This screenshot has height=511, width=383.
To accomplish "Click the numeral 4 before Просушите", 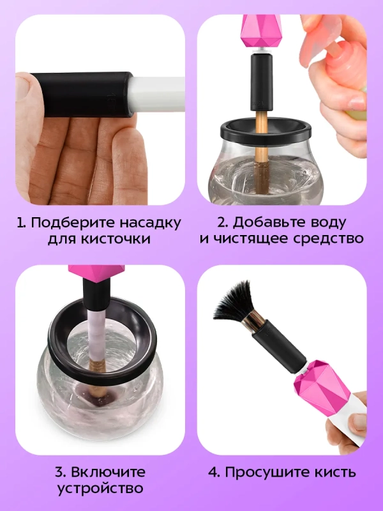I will pos(213,473).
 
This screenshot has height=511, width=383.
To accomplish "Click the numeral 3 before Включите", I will pos(58,473).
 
